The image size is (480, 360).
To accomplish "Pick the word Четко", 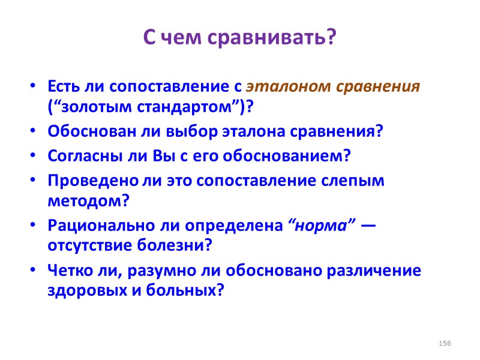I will pyautogui.click(x=67, y=270).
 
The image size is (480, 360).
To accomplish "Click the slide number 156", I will pyautogui.click(x=445, y=343).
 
